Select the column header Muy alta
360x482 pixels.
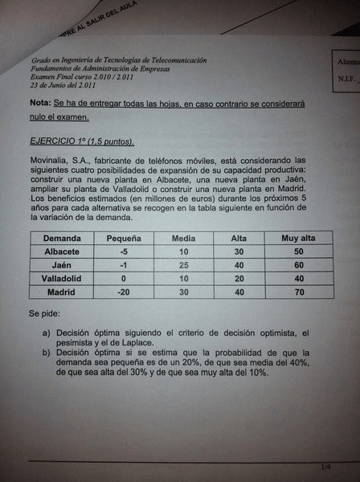tap(292, 239)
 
